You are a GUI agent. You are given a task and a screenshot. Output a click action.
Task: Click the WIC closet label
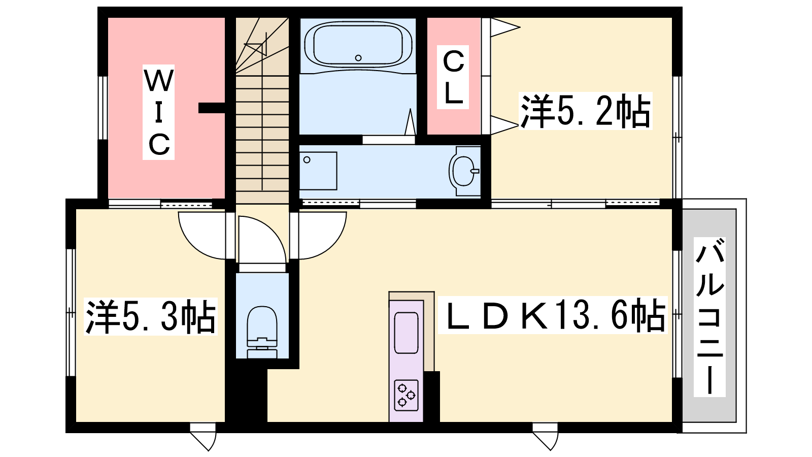tap(158, 112)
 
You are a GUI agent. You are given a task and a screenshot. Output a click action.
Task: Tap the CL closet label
tap(453, 77)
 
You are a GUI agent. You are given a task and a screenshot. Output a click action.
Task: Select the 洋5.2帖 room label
tap(585, 111)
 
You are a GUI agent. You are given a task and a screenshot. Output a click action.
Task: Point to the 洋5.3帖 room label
tap(150, 316)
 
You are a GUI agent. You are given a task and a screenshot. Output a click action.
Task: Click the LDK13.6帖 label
tap(553, 315)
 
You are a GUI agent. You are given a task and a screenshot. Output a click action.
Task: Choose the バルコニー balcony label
tap(709, 317)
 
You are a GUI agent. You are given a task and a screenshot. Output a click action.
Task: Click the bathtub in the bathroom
tap(358, 45)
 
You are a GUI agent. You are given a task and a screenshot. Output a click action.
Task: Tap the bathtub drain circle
tap(358, 58)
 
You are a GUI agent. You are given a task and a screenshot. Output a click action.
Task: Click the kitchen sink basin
tap(406, 333)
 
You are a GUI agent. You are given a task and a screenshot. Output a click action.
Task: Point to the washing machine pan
tap(318, 171)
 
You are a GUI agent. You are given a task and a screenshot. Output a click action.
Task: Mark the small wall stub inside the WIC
tap(212, 108)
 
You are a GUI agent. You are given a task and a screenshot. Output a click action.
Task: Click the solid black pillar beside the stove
tap(431, 397)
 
